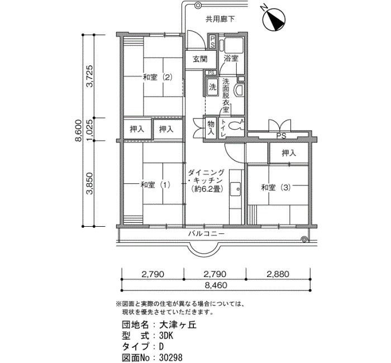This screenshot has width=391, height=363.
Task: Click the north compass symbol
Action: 274,20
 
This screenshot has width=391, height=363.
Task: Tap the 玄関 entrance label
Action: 200,59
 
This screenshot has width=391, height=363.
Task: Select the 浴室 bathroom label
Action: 231,59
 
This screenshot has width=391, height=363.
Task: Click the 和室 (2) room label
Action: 158,77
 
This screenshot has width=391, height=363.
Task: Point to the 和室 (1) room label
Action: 155,185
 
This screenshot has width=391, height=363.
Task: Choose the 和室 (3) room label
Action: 276,188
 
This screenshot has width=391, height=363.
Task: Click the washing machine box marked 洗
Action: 212,87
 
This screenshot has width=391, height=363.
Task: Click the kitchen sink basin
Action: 235,189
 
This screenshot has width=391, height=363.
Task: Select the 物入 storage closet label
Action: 211,128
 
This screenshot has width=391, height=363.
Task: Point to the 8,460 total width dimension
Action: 216,285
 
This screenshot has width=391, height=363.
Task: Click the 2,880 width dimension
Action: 278,274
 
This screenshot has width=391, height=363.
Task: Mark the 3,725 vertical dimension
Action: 89,76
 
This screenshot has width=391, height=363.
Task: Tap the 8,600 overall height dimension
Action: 78,130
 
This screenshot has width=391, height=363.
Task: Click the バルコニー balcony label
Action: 207,233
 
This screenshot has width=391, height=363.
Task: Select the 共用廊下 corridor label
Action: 220,19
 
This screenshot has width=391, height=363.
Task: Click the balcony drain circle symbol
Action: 304,240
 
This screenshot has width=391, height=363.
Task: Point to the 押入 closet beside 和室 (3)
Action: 289,153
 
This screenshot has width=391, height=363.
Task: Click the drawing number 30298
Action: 171,357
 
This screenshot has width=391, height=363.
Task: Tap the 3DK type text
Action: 166,336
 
